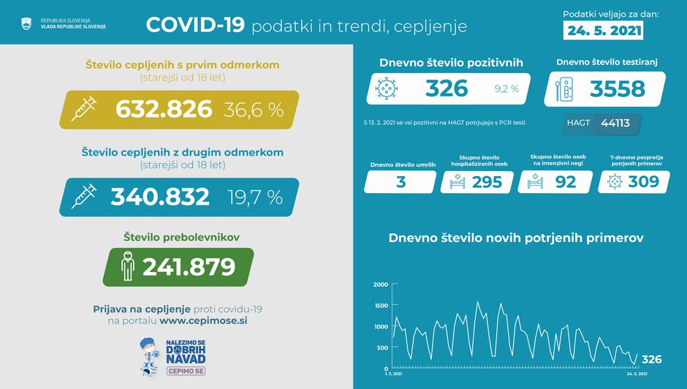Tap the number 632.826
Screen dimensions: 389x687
pos(164,110)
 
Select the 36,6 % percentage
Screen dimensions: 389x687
pos(254,110)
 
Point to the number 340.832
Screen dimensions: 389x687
pos(160,197)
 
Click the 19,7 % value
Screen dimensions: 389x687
pos(254,197)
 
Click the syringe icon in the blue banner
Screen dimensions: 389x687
pos(86,197)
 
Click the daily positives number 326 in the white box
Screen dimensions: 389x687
pos(447,88)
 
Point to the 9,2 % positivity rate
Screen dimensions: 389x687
pos(506,89)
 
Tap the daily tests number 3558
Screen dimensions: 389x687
pos(618,88)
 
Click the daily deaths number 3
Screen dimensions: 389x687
pos(401,182)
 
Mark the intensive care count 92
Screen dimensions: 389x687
pos(565,182)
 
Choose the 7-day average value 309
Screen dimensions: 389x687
pos(644,182)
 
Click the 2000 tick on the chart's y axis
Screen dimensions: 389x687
pos(381,284)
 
